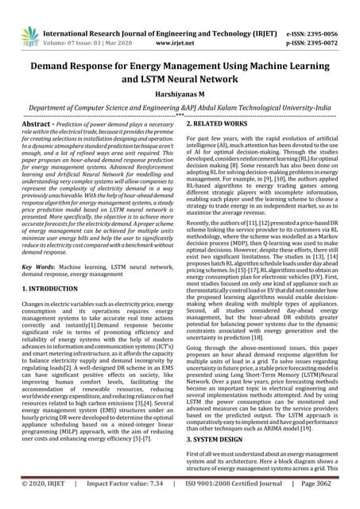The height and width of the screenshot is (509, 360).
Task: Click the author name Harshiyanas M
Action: click(x=180, y=93)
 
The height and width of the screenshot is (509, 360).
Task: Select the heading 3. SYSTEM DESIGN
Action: click(x=219, y=439)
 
